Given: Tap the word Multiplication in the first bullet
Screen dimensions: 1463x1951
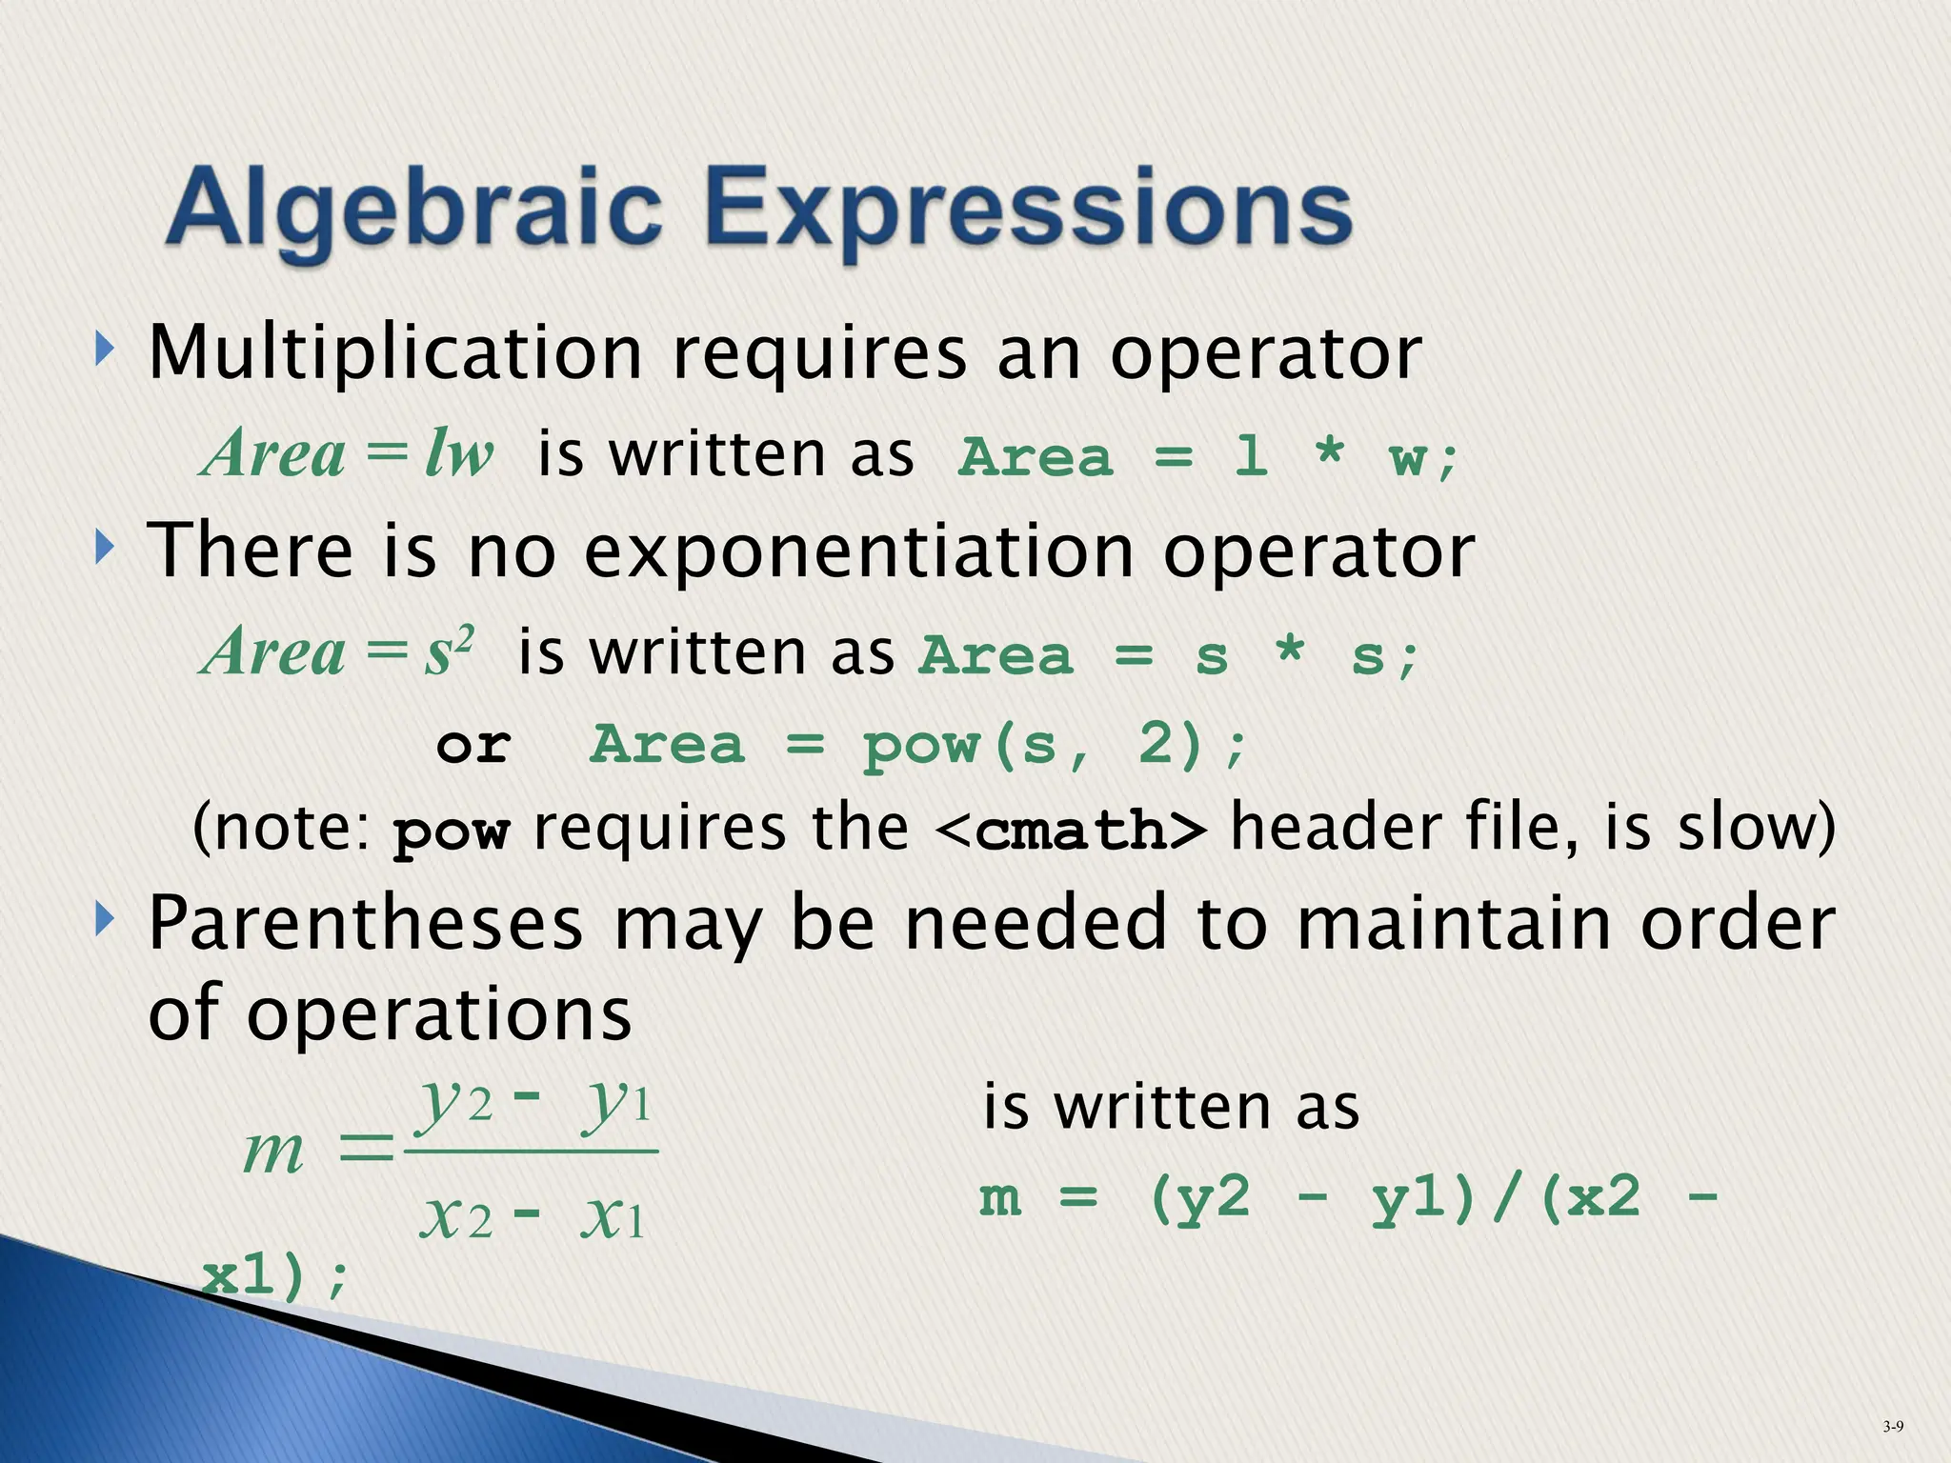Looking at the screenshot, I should click(x=395, y=354).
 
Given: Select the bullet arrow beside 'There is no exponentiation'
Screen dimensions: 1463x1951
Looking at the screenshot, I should click(x=104, y=548).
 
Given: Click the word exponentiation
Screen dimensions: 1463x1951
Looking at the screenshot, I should click(x=857, y=552).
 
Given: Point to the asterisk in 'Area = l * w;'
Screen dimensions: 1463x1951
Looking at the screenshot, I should click(x=1328, y=451).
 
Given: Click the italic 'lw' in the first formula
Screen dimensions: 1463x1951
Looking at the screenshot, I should click(x=459, y=452).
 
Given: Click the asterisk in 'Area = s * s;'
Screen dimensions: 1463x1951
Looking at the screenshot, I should click(x=1289, y=651).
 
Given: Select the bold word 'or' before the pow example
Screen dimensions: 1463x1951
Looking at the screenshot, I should click(x=473, y=746).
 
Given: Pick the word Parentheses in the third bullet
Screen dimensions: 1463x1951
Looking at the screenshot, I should click(x=366, y=924).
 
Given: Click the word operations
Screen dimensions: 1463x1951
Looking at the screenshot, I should click(x=439, y=1013).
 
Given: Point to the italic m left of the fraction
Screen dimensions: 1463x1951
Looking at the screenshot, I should click(x=273, y=1151).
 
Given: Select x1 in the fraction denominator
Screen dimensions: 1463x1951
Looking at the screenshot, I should click(x=612, y=1218).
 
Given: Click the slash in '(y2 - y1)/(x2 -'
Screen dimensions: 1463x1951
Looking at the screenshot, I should click(x=1505, y=1198).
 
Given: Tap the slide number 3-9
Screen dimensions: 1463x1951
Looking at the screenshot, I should click(x=1893, y=1426).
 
